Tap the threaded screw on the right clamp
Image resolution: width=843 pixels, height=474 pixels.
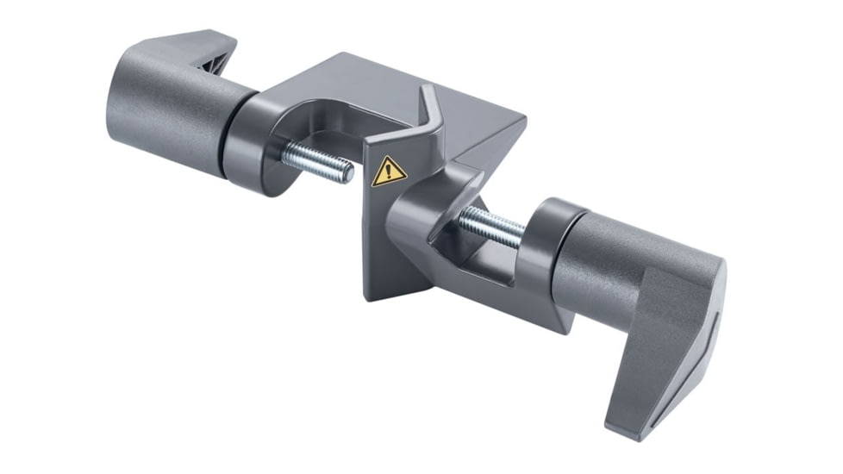pyautogui.click(x=491, y=228)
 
